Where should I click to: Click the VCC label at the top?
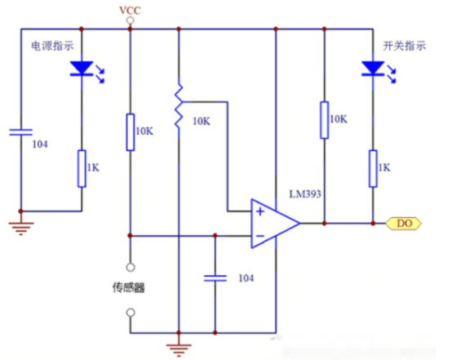pos(130,11)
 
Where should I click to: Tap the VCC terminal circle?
pos(131,20)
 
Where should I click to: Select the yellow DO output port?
pos(404,224)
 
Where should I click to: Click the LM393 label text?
pos(305,193)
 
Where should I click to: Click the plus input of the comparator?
pos(260,211)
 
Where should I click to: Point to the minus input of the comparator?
pos(260,236)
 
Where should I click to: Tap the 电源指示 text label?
pos(52,46)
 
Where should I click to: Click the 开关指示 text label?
pos(405,46)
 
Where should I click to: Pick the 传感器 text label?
pos(129,287)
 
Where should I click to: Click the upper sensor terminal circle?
pos(131,268)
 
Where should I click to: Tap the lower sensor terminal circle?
pos(131,313)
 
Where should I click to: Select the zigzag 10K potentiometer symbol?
pos(179,106)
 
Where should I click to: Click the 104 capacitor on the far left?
pos(20,132)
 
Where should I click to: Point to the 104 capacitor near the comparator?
pos(215,278)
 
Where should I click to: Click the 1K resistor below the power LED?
pos(82,169)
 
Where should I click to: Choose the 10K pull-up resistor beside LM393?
pos(324,120)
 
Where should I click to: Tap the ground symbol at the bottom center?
pos(179,349)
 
